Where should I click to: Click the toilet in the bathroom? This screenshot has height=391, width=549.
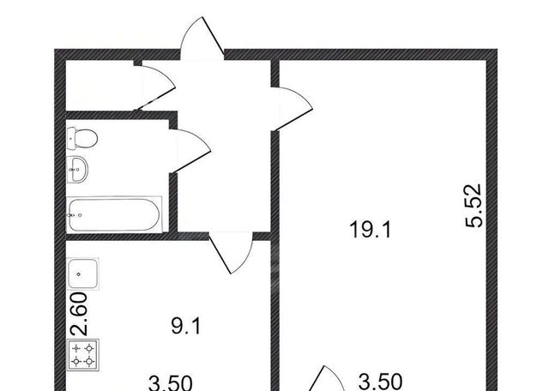tap(82, 138)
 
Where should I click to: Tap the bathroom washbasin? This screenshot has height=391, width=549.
tap(77, 170)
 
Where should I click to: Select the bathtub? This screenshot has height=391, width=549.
tap(114, 214)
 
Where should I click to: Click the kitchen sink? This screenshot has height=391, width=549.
tap(82, 274)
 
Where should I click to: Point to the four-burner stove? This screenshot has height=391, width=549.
tap(83, 354)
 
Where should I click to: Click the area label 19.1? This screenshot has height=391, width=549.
tap(370, 230)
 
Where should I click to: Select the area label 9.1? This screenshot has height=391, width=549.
tap(186, 326)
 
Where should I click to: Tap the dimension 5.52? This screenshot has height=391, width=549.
tap(474, 206)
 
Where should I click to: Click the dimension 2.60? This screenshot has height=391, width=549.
tap(78, 314)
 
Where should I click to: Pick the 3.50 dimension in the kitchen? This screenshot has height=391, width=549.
tap(171, 382)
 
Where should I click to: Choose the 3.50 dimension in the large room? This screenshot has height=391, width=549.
tap(380, 382)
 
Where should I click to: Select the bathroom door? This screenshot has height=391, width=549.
tap(190, 151)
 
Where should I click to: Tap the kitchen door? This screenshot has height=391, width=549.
tap(231, 252)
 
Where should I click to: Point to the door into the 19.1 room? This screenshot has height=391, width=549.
tap(292, 109)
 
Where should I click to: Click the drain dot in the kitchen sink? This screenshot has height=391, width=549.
tap(78, 274)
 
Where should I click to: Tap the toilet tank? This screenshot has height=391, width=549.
tap(71, 138)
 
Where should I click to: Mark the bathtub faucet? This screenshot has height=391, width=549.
tap(75, 215)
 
